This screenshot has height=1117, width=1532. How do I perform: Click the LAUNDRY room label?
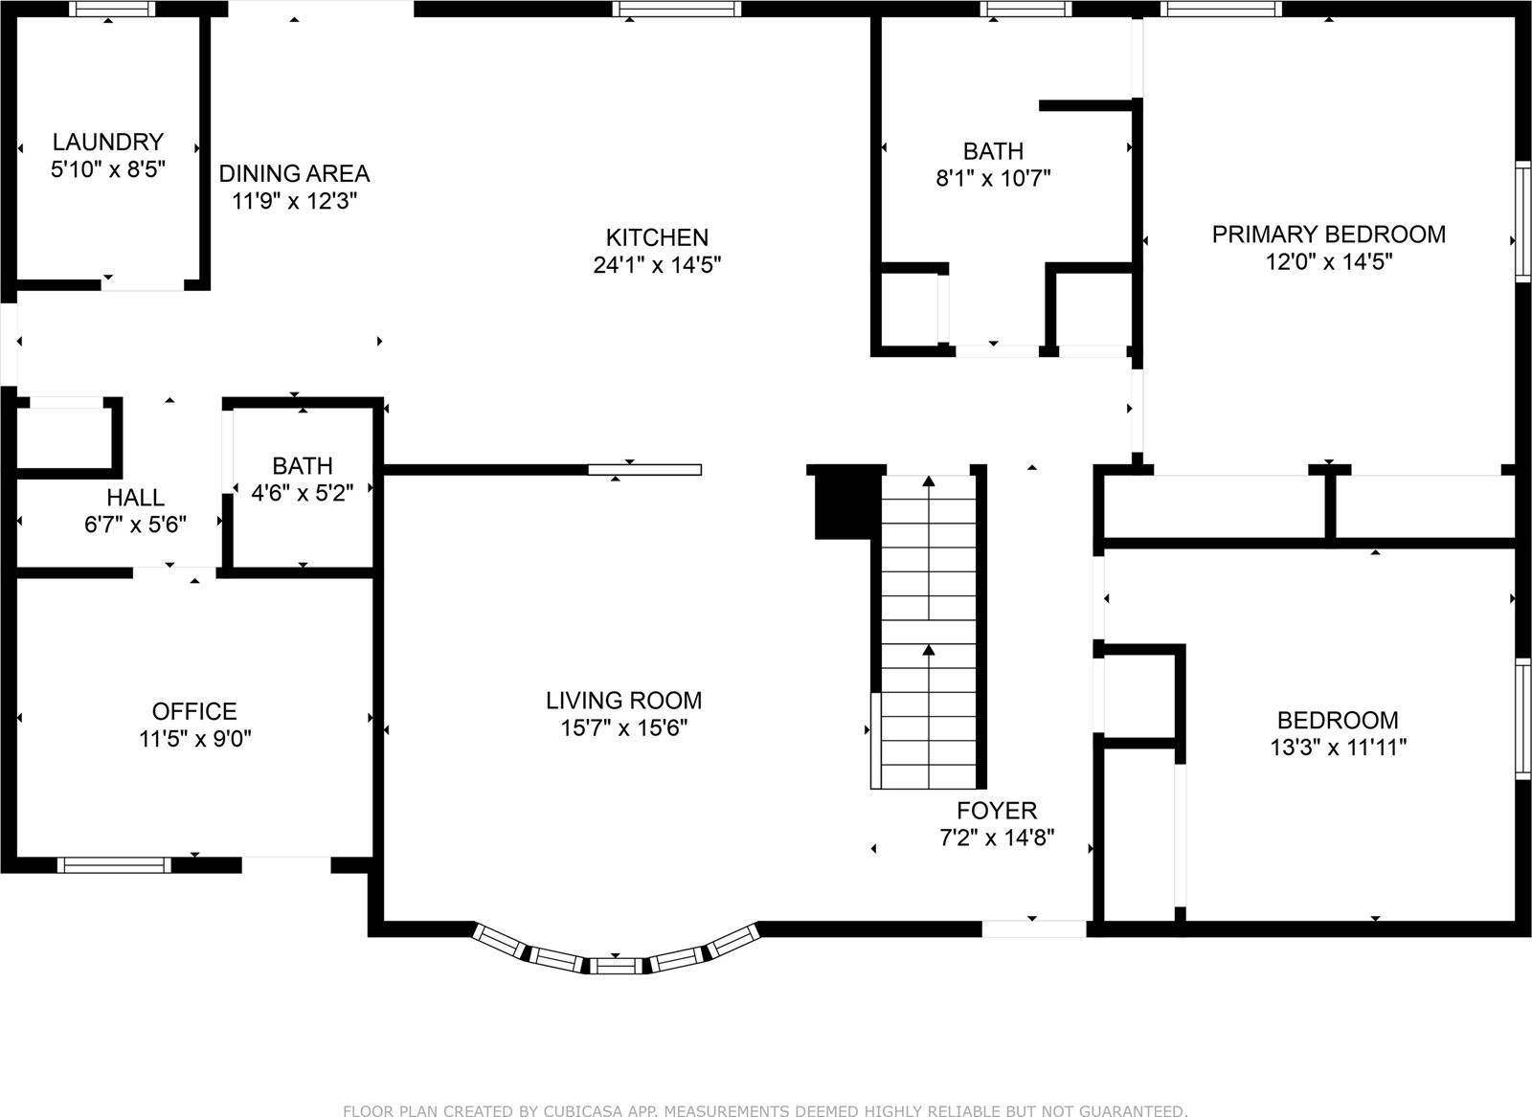click(108, 142)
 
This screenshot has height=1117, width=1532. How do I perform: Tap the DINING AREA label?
click(294, 173)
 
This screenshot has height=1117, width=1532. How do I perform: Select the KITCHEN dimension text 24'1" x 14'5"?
click(657, 264)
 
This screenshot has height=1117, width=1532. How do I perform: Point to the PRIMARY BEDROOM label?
click(1328, 234)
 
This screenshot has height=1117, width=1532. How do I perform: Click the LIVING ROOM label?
click(623, 700)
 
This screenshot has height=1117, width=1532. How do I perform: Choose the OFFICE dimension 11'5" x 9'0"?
click(195, 738)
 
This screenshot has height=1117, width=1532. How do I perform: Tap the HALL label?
click(135, 497)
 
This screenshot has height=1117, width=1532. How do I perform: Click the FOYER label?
click(997, 810)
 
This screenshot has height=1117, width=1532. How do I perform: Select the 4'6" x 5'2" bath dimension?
click(303, 492)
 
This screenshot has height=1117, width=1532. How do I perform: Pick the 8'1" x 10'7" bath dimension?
click(993, 178)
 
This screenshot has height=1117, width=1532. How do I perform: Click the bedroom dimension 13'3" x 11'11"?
click(1338, 748)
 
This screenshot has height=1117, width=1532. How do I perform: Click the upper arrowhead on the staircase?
click(928, 480)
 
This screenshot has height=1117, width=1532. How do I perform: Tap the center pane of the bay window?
click(616, 966)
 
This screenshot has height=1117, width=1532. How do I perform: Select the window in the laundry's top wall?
click(112, 9)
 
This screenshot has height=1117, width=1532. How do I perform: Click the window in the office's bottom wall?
click(114, 864)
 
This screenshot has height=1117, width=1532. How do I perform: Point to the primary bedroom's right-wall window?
click(1523, 221)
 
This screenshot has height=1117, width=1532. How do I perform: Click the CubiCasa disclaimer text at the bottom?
click(765, 1110)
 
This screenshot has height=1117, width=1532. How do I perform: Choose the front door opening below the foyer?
click(1034, 928)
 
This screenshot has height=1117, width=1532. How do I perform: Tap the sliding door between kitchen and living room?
click(645, 470)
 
